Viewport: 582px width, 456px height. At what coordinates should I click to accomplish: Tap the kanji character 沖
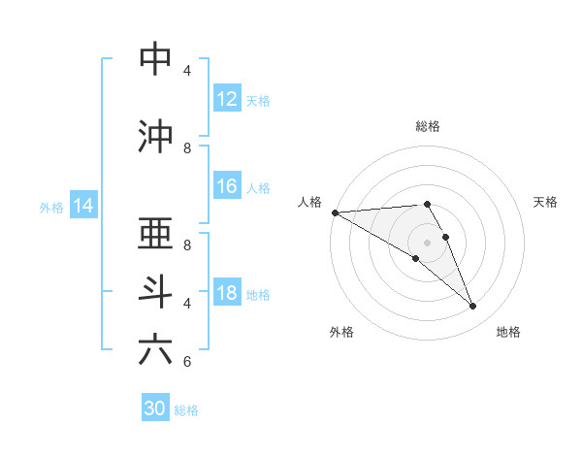[156, 137]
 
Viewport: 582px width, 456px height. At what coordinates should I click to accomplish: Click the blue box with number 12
[227, 100]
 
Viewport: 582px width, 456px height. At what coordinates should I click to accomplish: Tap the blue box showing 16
[227, 187]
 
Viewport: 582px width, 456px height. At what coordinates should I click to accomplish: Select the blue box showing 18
[227, 294]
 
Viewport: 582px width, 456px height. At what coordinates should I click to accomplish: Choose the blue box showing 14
[83, 206]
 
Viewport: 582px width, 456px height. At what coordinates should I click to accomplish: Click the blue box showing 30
[155, 408]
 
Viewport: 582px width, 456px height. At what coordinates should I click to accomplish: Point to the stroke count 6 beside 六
[187, 362]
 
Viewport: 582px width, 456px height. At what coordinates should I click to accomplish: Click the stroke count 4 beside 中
[187, 71]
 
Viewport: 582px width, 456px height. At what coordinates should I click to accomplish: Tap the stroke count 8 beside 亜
[187, 245]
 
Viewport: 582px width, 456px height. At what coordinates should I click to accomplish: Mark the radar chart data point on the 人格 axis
[335, 212]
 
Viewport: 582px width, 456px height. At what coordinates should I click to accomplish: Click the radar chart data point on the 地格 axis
[472, 307]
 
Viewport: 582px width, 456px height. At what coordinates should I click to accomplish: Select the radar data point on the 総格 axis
[427, 204]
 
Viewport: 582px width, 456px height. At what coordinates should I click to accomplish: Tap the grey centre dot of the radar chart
[427, 242]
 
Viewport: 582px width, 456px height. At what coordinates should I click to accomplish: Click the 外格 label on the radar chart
[341, 332]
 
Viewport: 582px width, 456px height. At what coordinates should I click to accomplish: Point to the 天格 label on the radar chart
[545, 202]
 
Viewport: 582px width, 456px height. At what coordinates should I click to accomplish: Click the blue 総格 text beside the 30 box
[186, 410]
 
